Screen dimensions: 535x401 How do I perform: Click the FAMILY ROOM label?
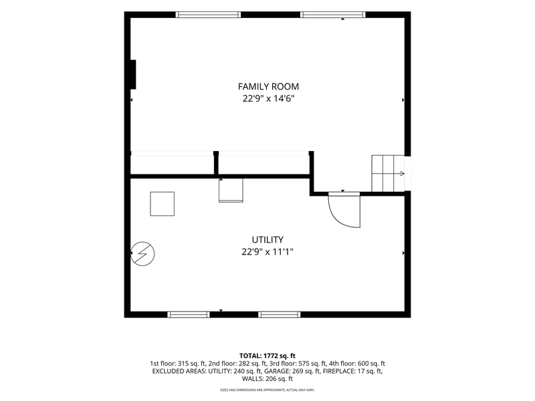(268, 87)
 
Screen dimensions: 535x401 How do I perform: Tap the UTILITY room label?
(267, 240)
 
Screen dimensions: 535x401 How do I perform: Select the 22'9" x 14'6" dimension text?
(268, 99)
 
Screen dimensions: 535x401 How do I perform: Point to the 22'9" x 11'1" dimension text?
(267, 252)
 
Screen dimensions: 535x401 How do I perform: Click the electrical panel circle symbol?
(142, 254)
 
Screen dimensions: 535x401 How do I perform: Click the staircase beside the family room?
(388, 174)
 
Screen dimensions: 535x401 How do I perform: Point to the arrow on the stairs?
(399, 174)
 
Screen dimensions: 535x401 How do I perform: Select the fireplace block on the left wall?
(133, 75)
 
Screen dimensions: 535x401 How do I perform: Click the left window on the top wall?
(208, 15)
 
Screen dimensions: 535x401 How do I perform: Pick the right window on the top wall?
(333, 15)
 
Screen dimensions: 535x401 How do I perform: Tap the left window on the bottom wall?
(189, 314)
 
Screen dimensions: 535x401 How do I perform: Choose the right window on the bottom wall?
(280, 314)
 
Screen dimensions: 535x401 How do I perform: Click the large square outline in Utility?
(163, 204)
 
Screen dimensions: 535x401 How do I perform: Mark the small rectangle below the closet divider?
(231, 190)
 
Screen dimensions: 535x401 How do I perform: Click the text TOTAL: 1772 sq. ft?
(267, 356)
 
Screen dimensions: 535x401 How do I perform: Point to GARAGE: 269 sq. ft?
(292, 371)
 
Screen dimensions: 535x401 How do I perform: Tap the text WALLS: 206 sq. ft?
(267, 378)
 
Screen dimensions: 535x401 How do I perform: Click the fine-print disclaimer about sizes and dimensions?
(267, 390)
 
